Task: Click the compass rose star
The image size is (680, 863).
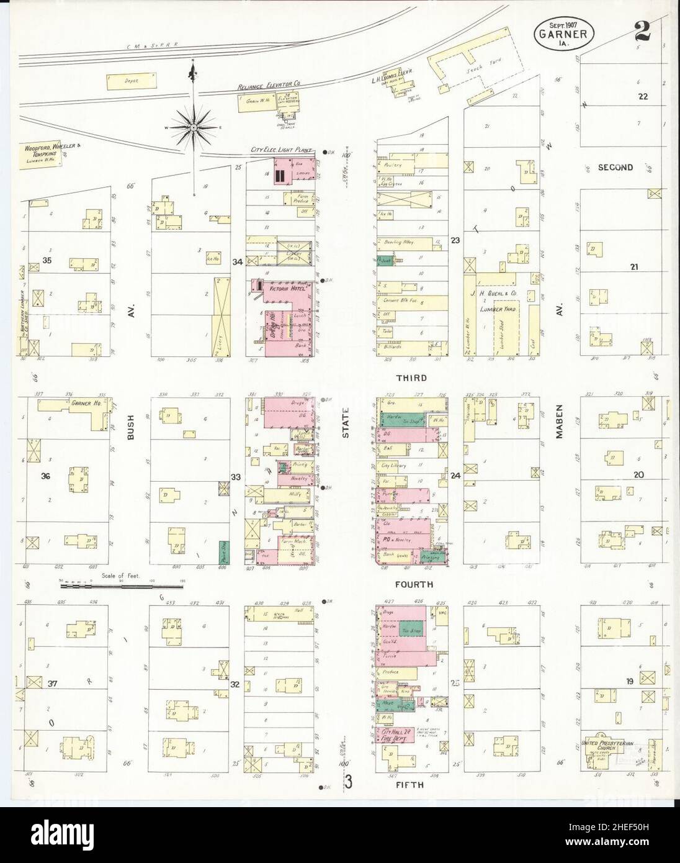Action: [194, 128]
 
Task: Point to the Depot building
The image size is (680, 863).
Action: [132, 81]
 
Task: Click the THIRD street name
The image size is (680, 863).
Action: [411, 377]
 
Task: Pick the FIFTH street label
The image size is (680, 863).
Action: [409, 785]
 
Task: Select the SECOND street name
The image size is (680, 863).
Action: [615, 167]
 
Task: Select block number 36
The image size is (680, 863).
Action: [44, 476]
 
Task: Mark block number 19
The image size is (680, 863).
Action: [630, 682]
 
